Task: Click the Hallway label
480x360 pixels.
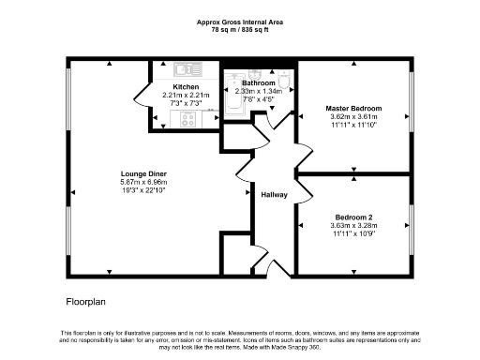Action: (x=274, y=194)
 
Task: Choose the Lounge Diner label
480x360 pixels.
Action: (x=143, y=173)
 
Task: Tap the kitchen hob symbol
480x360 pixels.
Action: (x=187, y=119)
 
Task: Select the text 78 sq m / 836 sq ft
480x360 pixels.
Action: (x=240, y=29)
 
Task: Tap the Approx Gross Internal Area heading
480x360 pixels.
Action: (x=240, y=21)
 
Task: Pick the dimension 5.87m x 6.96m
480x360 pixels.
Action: (x=143, y=182)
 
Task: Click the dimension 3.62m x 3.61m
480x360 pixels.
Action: (x=353, y=117)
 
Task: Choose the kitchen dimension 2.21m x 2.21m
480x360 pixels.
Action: (x=184, y=95)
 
